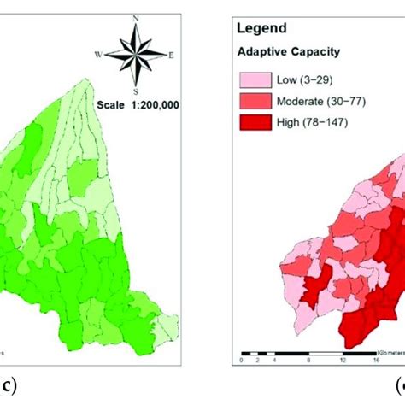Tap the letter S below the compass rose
pyautogui.click(x=135, y=91)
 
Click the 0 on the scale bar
pyautogui.click(x=243, y=361)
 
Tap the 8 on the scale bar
pyautogui.click(x=306, y=361)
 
